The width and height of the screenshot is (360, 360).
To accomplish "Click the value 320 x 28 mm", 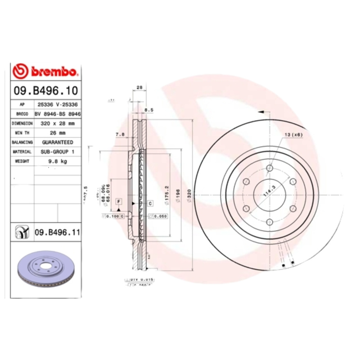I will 57,123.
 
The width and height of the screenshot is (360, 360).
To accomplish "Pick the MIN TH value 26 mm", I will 57,133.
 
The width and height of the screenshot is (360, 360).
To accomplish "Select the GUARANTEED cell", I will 57,142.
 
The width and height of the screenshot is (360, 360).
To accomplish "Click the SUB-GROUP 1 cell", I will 57,152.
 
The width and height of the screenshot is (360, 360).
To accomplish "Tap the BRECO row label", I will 22,113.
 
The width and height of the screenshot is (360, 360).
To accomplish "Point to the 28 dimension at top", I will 139,87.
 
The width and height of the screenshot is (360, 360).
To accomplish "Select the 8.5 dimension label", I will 149,109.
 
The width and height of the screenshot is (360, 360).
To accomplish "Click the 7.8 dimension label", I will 120,135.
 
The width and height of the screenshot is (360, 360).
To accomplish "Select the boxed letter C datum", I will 149,203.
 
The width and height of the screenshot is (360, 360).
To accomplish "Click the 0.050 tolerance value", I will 161,216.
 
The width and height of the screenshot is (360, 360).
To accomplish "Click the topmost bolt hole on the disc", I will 270,168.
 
